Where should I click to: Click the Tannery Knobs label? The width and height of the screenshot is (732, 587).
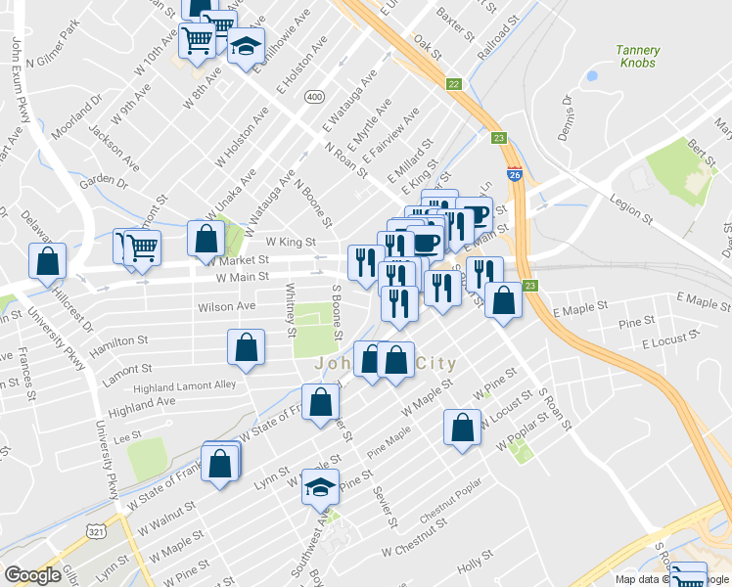[x=638, y=57]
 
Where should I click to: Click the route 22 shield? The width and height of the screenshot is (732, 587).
[x=453, y=85]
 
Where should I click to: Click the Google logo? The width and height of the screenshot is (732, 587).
[x=32, y=575]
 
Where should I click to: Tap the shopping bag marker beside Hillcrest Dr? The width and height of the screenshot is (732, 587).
[x=47, y=262]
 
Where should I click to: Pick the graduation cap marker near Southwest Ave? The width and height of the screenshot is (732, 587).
[x=320, y=487]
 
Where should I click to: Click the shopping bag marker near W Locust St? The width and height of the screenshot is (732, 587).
[x=462, y=427]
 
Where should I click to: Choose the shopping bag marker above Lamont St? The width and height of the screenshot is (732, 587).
[x=246, y=347]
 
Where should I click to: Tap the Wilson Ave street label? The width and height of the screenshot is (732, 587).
[x=226, y=306]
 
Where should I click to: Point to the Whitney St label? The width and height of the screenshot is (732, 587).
[x=291, y=309]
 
